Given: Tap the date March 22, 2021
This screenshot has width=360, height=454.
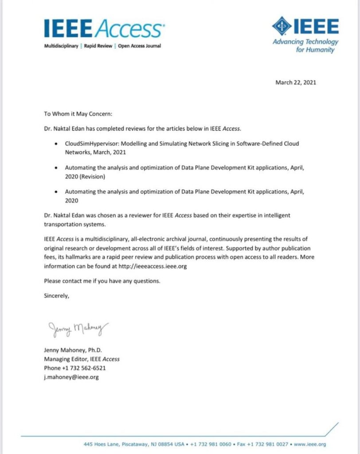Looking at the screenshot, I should point(296,82).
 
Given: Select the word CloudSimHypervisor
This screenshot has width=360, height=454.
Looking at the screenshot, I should point(90,144).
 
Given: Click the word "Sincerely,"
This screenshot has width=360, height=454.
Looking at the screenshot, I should point(57,295).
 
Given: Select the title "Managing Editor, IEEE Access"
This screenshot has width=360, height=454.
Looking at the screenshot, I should point(82,359).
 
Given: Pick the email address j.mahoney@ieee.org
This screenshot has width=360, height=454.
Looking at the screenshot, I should point(71,377).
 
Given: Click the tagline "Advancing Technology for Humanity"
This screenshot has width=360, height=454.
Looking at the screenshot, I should point(305,46).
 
